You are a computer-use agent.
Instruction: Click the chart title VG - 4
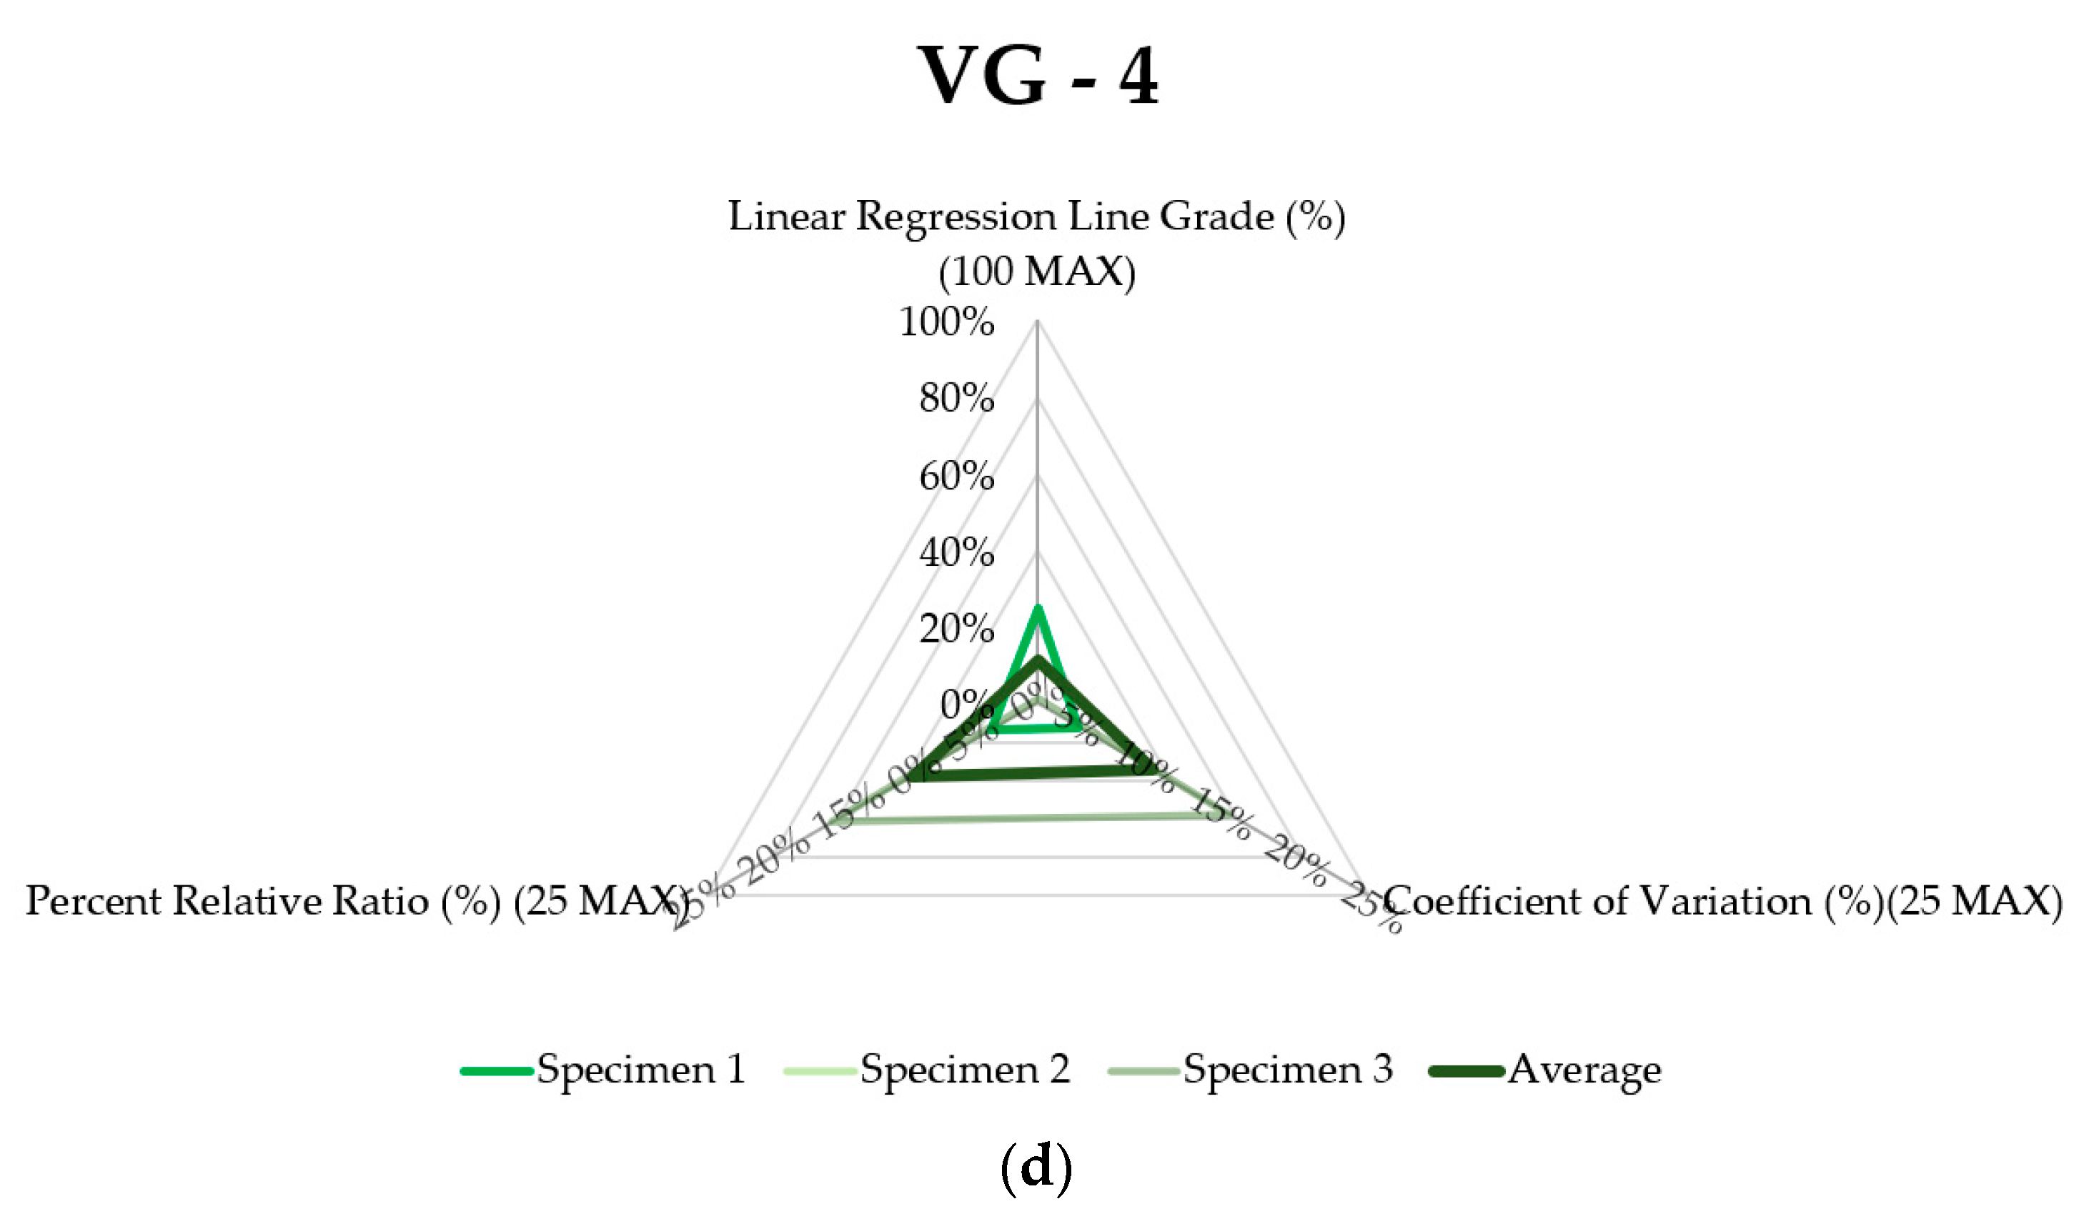point(1038,76)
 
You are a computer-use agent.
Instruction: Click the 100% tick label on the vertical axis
point(947,322)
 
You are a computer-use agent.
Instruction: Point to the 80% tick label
point(957,399)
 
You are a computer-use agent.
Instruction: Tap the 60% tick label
point(957,477)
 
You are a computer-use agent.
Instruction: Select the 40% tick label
point(957,552)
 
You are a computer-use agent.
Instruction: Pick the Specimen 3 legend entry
point(1251,1070)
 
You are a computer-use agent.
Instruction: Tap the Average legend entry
point(1547,1070)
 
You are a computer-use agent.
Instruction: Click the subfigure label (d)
point(1036,1167)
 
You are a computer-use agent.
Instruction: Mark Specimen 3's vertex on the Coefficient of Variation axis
point(1201,816)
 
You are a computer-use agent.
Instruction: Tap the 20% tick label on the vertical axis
point(957,630)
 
